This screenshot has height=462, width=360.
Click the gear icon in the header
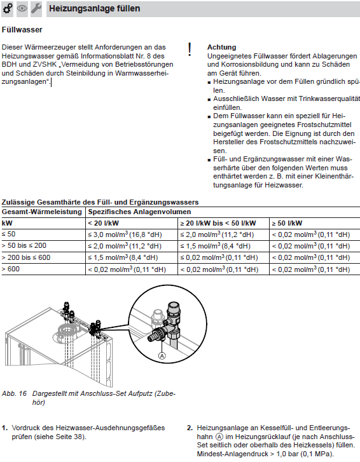pos(8,8)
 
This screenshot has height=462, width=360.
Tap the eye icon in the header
pos(22,8)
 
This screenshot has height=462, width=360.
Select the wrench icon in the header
pos(36,8)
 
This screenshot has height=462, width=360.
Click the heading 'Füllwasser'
pos(22,30)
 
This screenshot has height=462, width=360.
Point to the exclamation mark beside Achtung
pos(190,50)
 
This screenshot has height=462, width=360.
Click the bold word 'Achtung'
pos(222,47)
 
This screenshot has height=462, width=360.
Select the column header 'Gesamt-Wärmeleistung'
pos(42,212)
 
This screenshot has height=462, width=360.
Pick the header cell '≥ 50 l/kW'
pos(287,223)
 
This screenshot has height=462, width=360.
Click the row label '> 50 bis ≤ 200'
pos(24,246)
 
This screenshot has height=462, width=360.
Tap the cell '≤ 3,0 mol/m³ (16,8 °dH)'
pos(125,234)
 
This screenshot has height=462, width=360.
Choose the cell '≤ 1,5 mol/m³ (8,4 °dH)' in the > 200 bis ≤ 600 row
pos(123,257)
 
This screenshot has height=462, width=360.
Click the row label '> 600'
pos(11,269)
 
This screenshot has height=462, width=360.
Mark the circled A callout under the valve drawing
pos(162,356)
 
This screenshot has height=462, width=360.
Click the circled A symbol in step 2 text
pos(219,437)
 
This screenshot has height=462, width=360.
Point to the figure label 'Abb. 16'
pos(14,393)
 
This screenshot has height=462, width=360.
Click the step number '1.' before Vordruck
pos(4,428)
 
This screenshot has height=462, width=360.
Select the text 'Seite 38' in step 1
pos(71,437)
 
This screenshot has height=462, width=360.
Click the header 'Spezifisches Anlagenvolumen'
pos(139,212)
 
